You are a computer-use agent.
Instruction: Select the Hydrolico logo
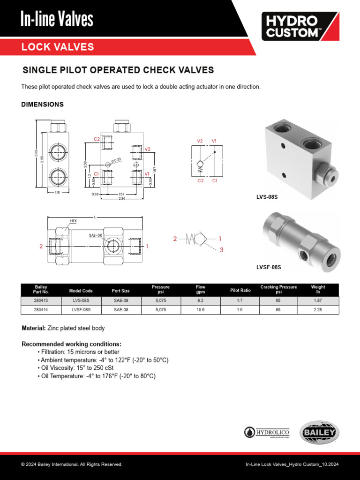pos(267,433)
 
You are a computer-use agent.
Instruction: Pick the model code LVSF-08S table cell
pos(81,310)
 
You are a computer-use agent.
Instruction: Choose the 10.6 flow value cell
pos(201,310)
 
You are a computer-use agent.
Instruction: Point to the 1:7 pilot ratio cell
pos(240,301)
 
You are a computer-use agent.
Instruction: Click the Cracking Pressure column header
pos(278,290)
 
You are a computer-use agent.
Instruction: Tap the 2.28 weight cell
pos(318,310)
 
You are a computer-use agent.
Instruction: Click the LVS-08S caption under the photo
pos(267,197)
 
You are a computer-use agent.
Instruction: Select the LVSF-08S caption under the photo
pos(269,268)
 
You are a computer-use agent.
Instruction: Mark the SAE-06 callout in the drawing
pos(95,235)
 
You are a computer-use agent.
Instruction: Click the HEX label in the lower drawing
pos(73,220)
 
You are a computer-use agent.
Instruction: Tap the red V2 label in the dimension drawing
pos(147,149)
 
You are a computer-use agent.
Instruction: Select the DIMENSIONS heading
pos(42,105)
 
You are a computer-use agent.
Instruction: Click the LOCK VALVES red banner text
pos(58,47)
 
